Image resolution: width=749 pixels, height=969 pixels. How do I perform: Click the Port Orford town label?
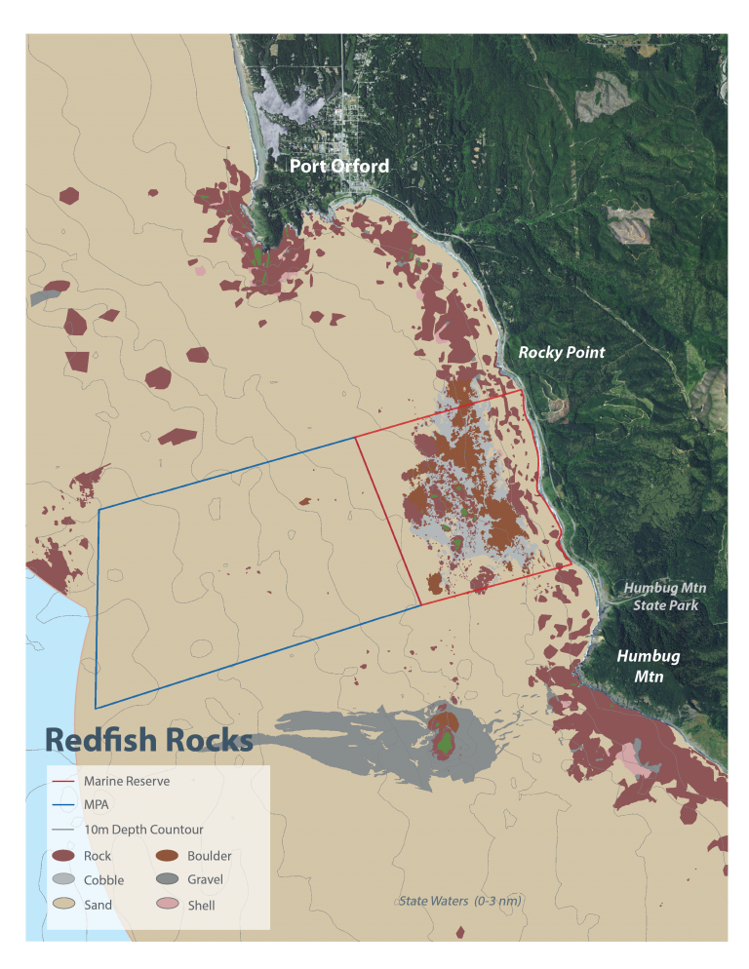coord(338,166)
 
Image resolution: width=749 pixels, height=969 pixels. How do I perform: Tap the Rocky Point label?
coord(561,353)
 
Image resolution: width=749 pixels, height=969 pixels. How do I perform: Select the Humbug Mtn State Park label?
coord(664,597)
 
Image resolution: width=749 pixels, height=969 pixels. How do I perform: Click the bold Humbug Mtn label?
coord(647,666)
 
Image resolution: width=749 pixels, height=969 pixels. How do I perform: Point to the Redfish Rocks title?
coord(149,740)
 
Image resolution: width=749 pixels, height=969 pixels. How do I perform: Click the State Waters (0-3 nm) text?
coord(459,901)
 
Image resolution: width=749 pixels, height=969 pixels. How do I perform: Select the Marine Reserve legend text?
coord(127,781)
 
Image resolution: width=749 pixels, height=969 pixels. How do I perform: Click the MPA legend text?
coord(97,805)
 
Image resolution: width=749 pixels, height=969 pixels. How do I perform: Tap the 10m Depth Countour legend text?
coord(143,830)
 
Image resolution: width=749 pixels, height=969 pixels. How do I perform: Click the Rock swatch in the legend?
coord(64,856)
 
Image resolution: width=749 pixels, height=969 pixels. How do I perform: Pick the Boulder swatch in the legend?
coord(168,856)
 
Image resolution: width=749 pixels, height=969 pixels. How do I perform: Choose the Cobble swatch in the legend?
coord(64,880)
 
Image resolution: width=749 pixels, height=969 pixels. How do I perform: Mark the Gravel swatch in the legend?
coord(168,880)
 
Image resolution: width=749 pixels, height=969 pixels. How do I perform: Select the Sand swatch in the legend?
coord(64,905)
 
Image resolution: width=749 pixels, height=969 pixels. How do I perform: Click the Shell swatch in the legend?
coord(168,905)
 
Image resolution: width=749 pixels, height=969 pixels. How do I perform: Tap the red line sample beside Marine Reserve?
coord(64,781)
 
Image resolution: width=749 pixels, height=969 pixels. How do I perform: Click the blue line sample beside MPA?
coord(64,805)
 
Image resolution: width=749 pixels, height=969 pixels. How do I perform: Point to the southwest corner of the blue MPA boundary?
coord(96,708)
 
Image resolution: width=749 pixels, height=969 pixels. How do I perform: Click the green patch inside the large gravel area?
coord(445,743)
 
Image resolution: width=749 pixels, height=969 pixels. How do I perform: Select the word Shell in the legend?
coord(202,906)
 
